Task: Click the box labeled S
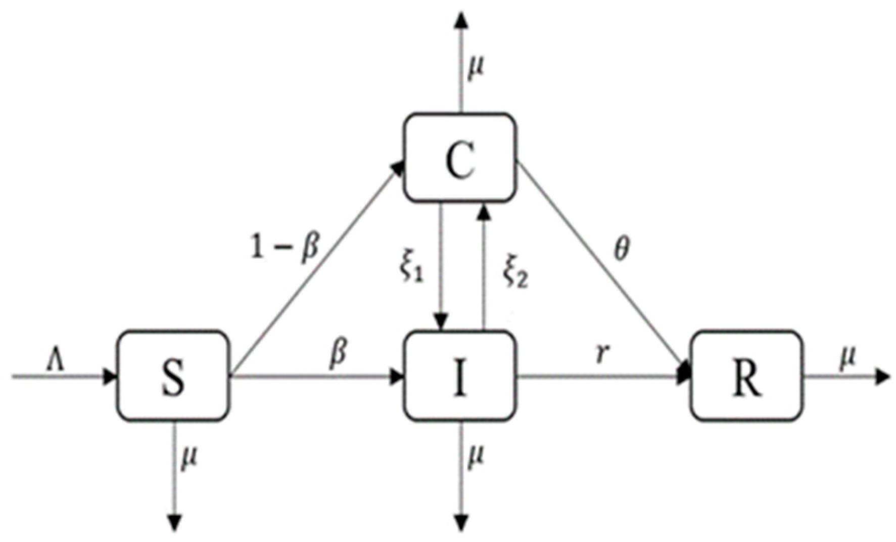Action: (x=172, y=376)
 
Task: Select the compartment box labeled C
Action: (x=460, y=158)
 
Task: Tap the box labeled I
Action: (x=460, y=376)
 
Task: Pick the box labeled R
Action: (x=747, y=376)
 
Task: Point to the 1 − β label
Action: (x=286, y=248)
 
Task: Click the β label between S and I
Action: (x=338, y=352)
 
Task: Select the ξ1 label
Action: (x=411, y=268)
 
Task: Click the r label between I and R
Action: (x=600, y=354)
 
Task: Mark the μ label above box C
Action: (x=475, y=66)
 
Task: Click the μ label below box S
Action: (x=188, y=459)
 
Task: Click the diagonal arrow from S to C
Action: (x=313, y=273)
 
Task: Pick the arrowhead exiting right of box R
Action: (x=881, y=377)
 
